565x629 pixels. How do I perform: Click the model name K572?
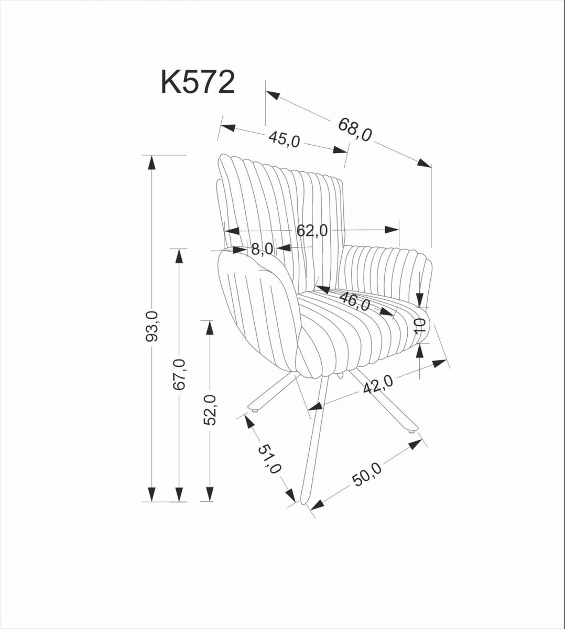[198, 83]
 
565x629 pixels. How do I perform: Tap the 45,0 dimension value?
[284, 138]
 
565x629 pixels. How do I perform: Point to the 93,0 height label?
[152, 326]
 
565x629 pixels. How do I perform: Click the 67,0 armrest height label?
[179, 374]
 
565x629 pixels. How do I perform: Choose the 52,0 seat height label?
[210, 410]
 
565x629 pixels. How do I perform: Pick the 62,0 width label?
[312, 230]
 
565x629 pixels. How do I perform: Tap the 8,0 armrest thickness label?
[262, 248]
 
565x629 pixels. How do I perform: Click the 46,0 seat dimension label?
[355, 301]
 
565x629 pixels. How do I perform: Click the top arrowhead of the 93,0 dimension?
[151, 162]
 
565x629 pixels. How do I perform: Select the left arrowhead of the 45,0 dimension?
[227, 127]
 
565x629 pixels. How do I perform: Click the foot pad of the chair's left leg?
[255, 411]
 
